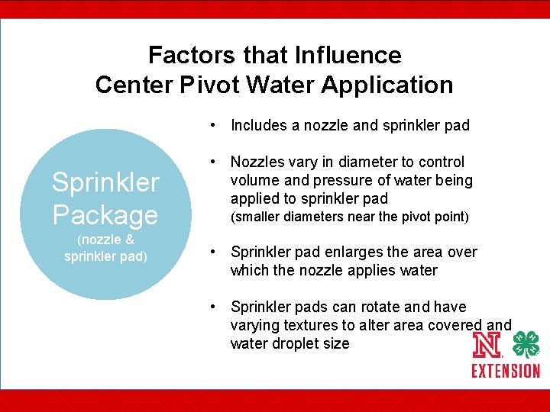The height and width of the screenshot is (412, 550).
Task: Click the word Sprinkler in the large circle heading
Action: [105, 182]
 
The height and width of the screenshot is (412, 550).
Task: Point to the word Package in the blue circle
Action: [105, 214]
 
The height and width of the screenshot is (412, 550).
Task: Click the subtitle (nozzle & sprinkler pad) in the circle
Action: [105, 248]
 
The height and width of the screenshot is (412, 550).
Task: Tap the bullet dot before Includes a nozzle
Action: [218, 125]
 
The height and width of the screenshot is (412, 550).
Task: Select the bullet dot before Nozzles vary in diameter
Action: [218, 162]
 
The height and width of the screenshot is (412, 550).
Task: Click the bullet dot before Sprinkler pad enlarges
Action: [218, 252]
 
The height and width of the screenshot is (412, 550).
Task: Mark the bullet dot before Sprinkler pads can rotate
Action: [218, 307]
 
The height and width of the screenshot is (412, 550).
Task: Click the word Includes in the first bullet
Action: [259, 125]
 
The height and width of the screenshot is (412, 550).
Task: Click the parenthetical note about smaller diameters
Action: [349, 217]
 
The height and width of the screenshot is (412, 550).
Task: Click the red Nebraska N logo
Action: [487, 346]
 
